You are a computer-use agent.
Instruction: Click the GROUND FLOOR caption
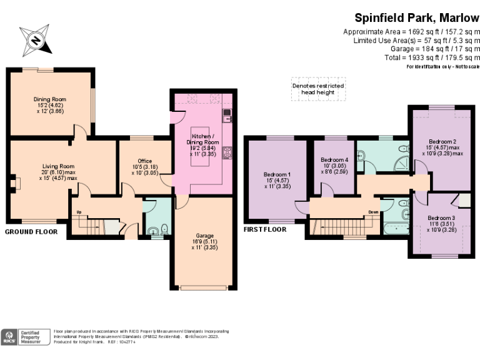(31, 231)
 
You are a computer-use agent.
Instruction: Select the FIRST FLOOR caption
(265, 229)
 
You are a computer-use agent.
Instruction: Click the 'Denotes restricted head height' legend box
(318, 89)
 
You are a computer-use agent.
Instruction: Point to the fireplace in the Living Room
(16, 182)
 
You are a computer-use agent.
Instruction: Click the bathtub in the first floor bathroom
(393, 228)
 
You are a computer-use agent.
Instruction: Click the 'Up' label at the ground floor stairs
(79, 212)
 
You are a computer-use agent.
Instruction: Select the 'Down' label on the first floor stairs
(373, 212)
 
